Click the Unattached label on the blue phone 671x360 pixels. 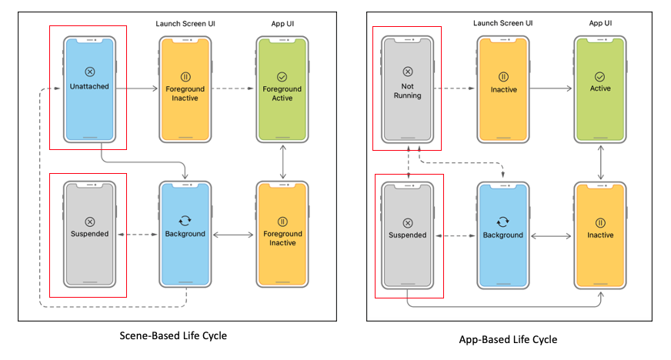(x=89, y=87)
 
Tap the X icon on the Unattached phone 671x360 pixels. (x=89, y=72)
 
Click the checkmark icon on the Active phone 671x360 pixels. (x=600, y=77)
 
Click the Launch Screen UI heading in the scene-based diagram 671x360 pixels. (x=185, y=24)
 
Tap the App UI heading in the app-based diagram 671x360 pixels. (x=600, y=24)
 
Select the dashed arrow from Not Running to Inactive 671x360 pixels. (x=454, y=89)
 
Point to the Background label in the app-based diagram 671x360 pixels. (x=503, y=235)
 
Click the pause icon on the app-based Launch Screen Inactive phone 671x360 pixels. (x=503, y=77)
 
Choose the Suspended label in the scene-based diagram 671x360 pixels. (x=89, y=234)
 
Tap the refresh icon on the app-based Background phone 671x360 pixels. (x=503, y=222)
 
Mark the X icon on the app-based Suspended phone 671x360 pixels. (x=406, y=222)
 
